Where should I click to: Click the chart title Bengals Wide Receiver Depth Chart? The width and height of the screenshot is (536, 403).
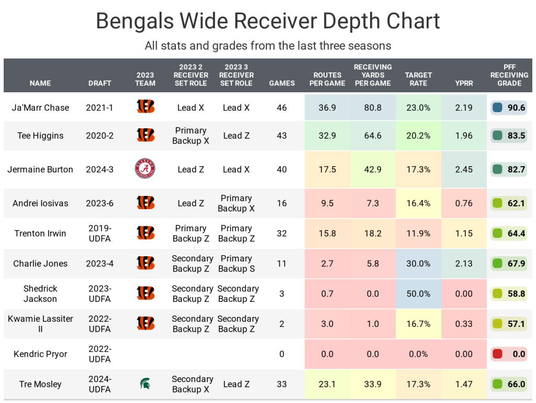(267, 21)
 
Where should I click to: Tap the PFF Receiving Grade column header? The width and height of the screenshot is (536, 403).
(509, 75)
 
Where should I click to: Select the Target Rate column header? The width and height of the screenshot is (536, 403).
(418, 79)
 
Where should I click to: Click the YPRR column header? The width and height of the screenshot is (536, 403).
(464, 83)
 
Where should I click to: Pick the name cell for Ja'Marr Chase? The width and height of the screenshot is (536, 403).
(40, 107)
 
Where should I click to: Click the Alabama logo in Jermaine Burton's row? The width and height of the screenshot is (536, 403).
(145, 169)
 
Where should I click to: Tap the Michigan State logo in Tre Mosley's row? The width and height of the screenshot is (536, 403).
(145, 384)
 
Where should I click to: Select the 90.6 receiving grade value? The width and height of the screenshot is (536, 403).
(516, 107)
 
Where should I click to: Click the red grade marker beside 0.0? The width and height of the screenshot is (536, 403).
(498, 354)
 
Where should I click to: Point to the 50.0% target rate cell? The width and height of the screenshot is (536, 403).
(418, 293)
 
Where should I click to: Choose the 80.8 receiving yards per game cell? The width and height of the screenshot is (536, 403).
(373, 107)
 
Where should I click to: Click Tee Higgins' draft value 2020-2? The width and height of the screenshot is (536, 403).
(99, 136)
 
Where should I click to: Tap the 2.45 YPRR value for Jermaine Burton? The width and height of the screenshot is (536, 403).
(464, 169)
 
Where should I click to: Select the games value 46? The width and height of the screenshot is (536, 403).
(282, 107)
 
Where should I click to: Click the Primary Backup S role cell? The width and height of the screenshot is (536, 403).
(236, 264)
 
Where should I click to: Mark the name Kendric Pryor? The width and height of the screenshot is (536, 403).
(40, 354)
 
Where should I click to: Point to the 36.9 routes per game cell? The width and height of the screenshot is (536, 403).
(327, 107)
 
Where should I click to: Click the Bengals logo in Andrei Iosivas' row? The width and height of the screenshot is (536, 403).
(145, 203)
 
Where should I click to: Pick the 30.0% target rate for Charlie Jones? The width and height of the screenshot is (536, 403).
(418, 264)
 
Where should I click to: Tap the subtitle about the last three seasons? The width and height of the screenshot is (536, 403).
(267, 46)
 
